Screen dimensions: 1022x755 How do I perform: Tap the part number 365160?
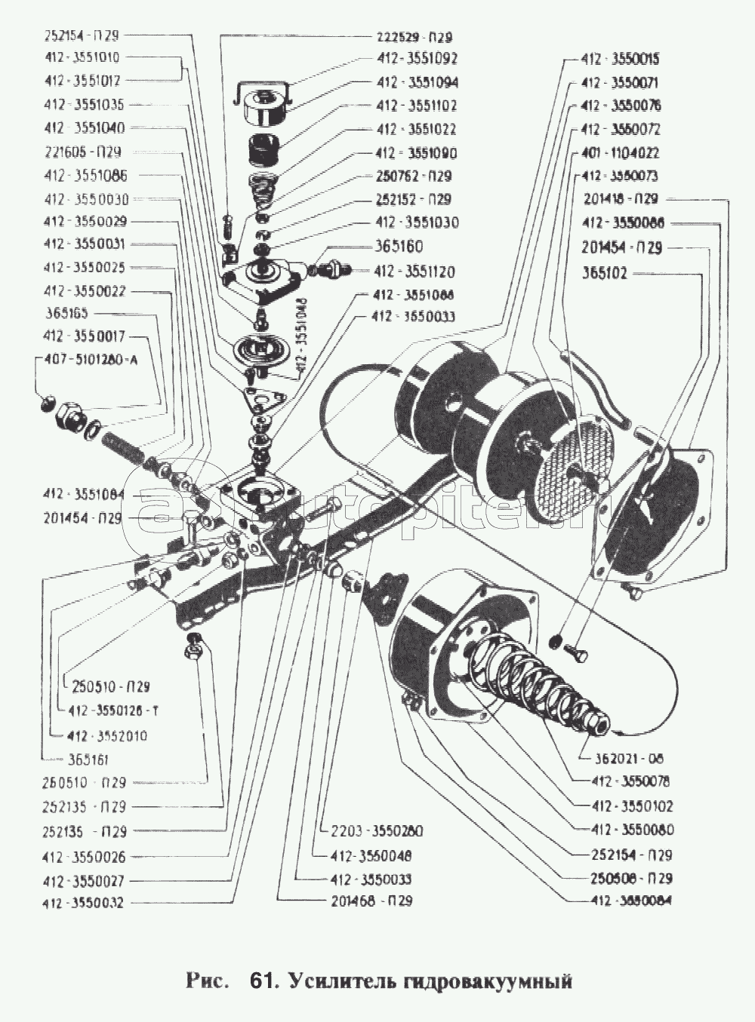click(399, 247)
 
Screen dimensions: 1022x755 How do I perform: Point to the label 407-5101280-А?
click(91, 360)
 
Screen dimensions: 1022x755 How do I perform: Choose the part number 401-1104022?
click(620, 152)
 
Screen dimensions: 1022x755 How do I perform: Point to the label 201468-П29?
click(371, 901)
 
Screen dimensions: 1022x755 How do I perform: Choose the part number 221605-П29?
click(82, 152)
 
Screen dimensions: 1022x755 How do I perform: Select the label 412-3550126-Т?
click(112, 710)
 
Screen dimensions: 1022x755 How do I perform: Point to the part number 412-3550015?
click(620, 59)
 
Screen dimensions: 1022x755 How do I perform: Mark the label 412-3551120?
click(418, 272)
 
